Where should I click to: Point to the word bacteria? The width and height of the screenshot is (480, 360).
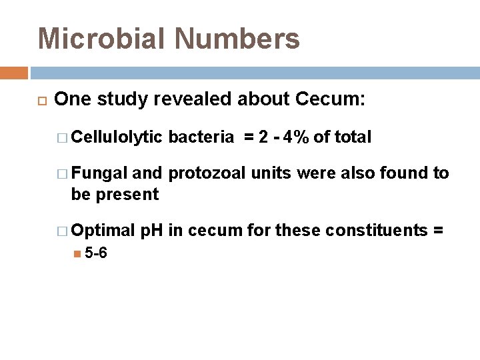(x=201, y=137)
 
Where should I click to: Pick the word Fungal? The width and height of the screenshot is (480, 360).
(x=100, y=173)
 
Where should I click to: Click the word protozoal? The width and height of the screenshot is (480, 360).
(x=207, y=173)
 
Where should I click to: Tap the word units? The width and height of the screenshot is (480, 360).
(x=272, y=173)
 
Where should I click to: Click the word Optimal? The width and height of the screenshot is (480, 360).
(x=103, y=231)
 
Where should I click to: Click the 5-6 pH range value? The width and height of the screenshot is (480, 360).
(x=96, y=253)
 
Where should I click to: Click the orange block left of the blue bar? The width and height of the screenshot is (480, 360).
(x=14, y=73)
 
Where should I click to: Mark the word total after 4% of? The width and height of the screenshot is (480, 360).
(x=352, y=137)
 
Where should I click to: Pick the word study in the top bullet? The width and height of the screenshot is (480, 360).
(x=123, y=99)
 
